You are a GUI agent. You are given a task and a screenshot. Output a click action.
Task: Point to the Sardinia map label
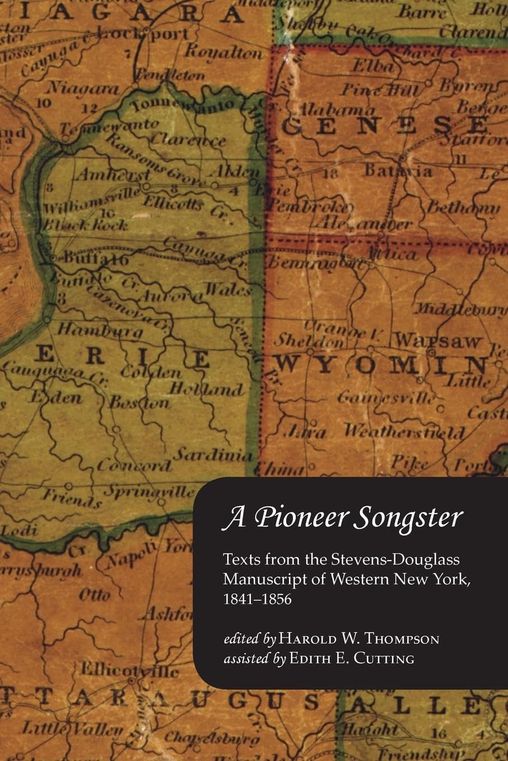coord(212,454)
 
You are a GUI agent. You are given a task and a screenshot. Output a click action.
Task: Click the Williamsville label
coord(92,200)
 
